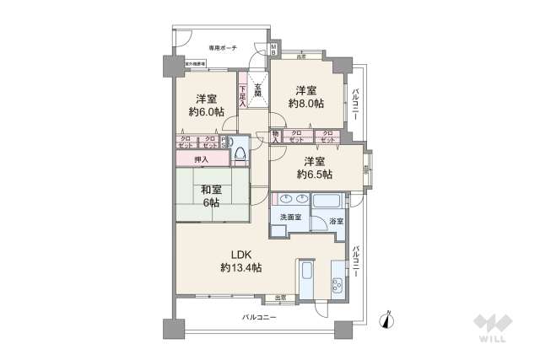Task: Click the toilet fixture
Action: (x=240, y=154)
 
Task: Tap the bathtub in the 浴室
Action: (x=327, y=203)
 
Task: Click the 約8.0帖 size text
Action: (x=306, y=105)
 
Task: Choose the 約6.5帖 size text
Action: (x=314, y=175)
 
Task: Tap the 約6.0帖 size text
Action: (x=205, y=111)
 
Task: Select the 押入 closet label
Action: (x=202, y=159)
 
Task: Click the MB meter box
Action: (x=274, y=50)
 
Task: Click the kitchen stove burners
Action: (x=337, y=282)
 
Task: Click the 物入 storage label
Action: (x=277, y=136)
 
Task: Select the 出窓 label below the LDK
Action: (x=281, y=297)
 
